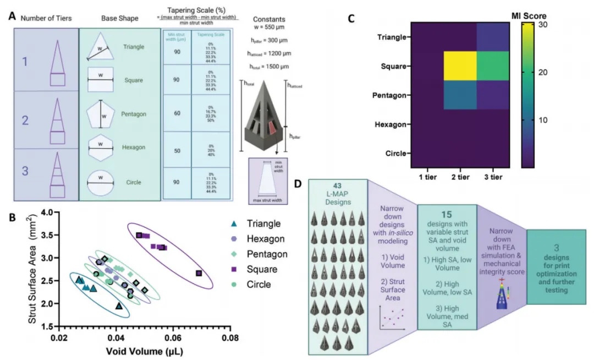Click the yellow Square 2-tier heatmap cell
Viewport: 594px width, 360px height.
click(460, 66)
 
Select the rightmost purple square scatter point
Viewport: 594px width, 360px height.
click(199, 273)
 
